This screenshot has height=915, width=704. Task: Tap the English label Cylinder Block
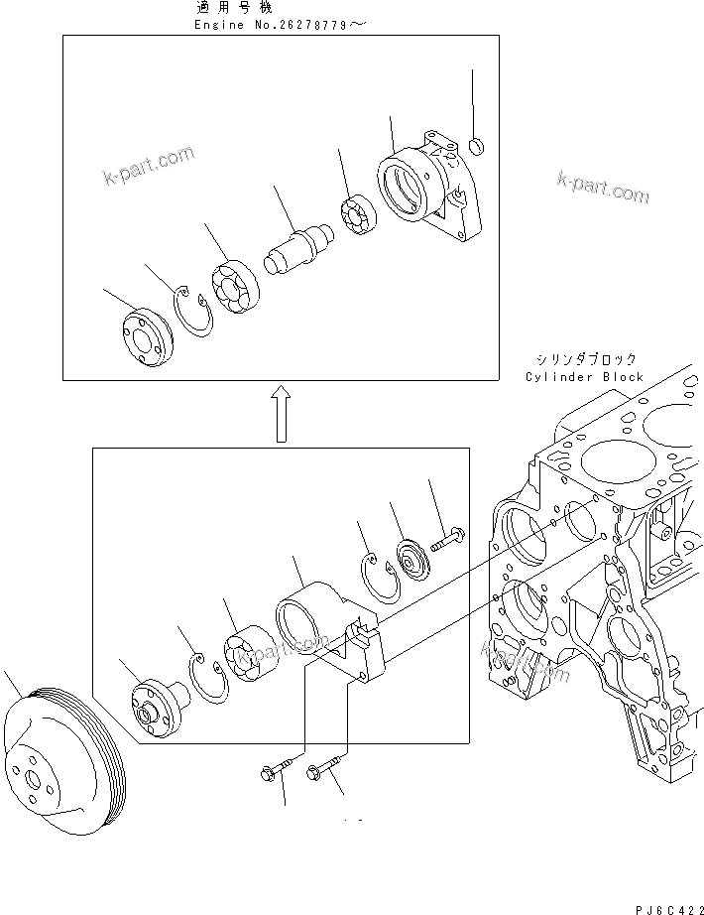(585, 377)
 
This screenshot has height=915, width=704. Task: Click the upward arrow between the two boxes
(281, 413)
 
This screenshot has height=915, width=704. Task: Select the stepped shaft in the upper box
(297, 249)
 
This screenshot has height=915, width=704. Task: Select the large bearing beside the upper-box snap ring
(235, 285)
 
